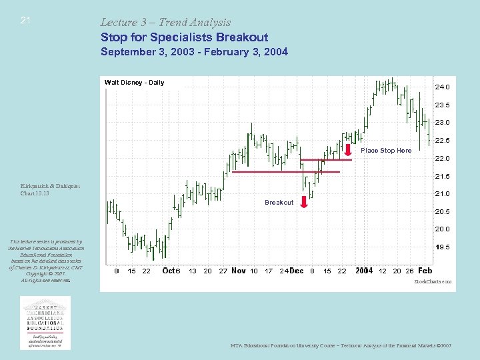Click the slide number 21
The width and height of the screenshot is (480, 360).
(x=25, y=20)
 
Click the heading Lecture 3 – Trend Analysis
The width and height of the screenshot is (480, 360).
(x=165, y=23)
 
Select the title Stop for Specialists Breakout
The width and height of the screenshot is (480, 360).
(x=184, y=37)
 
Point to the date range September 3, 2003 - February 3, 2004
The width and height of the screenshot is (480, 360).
(x=194, y=51)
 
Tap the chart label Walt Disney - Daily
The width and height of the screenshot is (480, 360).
(x=134, y=83)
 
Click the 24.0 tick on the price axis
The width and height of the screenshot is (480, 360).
(x=442, y=87)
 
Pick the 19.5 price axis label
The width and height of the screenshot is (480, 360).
(x=442, y=247)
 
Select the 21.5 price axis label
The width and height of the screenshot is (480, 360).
(x=442, y=177)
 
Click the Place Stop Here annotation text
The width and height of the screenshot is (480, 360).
(x=386, y=151)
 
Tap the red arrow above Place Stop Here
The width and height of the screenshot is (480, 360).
(x=349, y=149)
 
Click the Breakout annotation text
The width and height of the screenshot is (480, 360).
(x=279, y=202)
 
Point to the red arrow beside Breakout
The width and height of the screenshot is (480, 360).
(x=304, y=202)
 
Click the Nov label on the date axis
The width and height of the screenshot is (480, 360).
(x=238, y=271)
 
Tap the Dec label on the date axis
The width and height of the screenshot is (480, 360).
(x=297, y=271)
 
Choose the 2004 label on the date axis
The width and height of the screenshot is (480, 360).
(x=364, y=271)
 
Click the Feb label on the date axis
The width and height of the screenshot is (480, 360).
(x=425, y=271)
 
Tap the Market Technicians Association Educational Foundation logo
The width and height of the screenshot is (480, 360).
(x=46, y=322)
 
